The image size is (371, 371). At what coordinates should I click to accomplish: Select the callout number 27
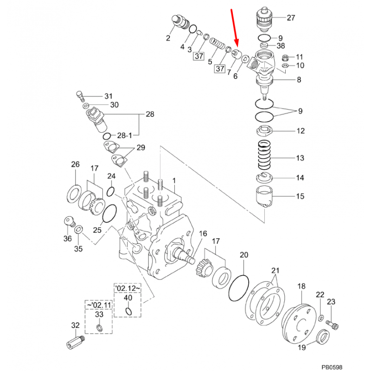click(x=291, y=19)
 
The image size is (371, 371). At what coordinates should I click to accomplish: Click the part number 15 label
click(x=300, y=197)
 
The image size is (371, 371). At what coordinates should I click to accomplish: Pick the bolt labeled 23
click(x=332, y=322)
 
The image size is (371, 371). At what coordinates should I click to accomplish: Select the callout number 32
click(x=75, y=326)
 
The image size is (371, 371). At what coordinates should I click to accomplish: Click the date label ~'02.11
click(x=97, y=305)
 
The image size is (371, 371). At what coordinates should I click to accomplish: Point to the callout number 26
click(x=75, y=164)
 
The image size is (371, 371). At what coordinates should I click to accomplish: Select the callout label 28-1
click(x=124, y=135)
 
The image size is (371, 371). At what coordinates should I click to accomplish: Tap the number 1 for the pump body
click(x=174, y=180)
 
